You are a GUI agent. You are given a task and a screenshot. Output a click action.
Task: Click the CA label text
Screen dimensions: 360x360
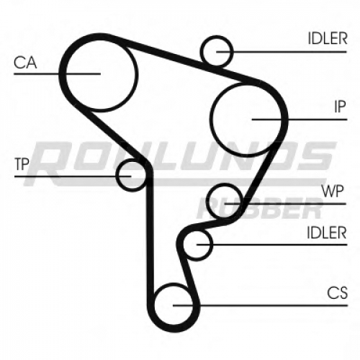point(25,63)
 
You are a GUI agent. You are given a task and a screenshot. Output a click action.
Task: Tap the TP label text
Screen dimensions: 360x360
point(22,164)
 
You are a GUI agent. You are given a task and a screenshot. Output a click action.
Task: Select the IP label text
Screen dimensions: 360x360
point(340,107)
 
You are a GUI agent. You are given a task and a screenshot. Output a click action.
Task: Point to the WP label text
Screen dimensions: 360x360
point(333,191)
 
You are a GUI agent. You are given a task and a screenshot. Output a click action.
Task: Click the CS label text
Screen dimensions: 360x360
point(337,292)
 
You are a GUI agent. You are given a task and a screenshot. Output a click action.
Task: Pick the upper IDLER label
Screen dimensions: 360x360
point(328,38)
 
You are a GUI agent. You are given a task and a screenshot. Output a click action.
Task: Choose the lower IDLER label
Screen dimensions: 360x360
point(327,233)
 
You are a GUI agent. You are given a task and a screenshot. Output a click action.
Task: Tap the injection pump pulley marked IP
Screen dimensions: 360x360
point(210,120)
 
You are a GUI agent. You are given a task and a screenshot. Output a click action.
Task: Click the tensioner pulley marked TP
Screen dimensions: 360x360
point(116,175)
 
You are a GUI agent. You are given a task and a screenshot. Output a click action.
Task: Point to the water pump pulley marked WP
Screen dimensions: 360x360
point(210,201)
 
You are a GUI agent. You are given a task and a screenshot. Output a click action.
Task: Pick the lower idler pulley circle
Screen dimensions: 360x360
point(212,244)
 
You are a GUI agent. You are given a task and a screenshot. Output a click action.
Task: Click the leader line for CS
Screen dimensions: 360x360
point(260,305)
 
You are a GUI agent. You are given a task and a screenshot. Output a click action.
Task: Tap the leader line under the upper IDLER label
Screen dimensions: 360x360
point(282,52)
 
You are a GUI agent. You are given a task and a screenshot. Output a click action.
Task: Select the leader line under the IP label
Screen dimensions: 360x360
point(300,120)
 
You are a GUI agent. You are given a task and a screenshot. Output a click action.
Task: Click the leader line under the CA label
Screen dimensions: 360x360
point(57,73)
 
